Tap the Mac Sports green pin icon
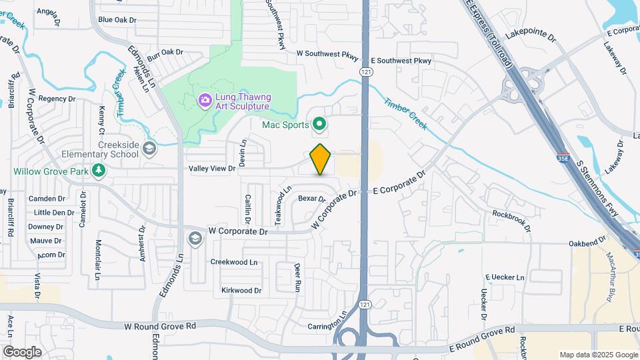(319, 124)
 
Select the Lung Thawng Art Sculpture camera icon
(205, 101)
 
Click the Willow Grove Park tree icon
(99, 171)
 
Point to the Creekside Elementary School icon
(149, 148)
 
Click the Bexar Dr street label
(311, 198)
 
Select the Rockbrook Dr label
(511, 221)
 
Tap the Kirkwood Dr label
(241, 291)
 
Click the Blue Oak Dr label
(117, 20)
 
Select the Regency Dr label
(57, 99)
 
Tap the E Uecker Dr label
(506, 277)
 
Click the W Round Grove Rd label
(160, 326)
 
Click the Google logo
(22, 351)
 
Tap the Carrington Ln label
(327, 326)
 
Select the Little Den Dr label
(54, 213)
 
